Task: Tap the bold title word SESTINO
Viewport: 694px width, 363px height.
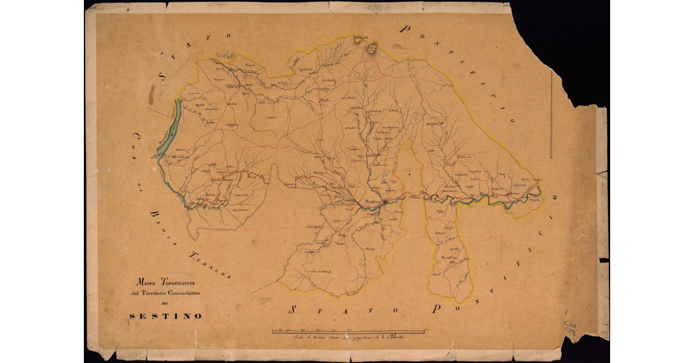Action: (x=165, y=316)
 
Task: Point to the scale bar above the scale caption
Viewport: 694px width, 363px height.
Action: (x=350, y=331)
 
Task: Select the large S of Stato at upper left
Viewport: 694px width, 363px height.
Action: (x=161, y=76)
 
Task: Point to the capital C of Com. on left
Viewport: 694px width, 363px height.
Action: (x=138, y=137)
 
